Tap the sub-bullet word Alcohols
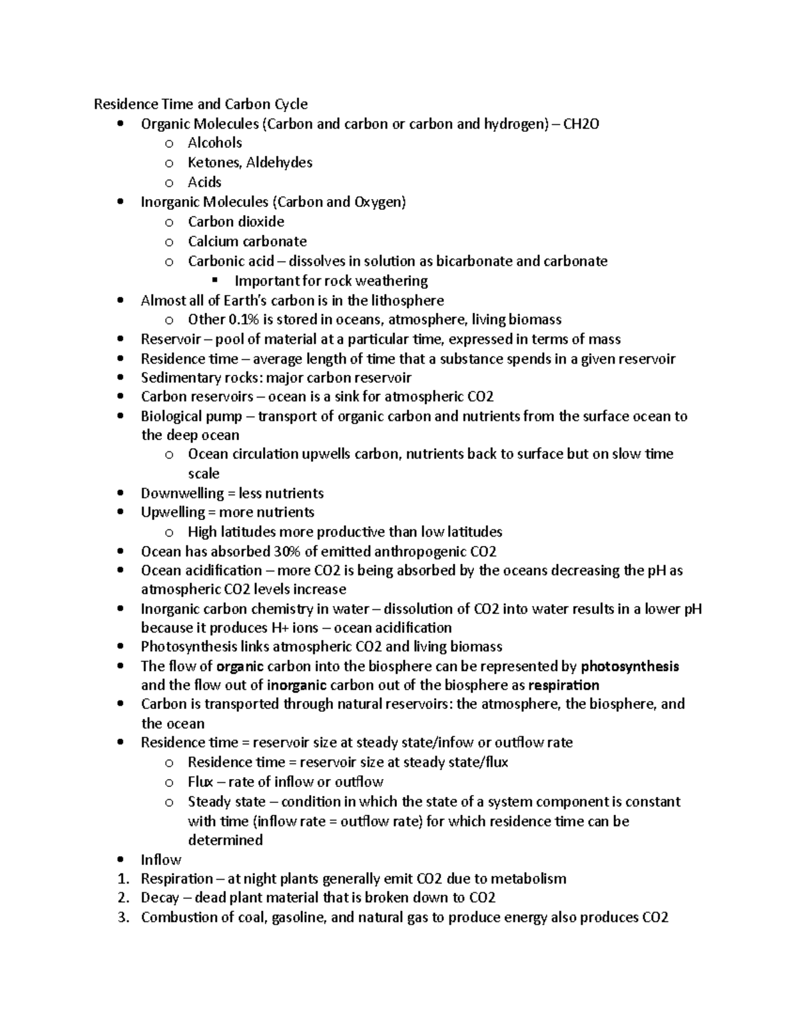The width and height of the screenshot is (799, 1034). [x=214, y=142]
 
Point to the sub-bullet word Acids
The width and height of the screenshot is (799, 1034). [x=204, y=182]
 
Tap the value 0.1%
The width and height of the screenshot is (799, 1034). [x=243, y=320]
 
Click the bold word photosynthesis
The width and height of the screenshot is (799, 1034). [x=630, y=666]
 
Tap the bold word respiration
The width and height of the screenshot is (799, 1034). [x=563, y=685]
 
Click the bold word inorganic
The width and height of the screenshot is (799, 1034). [x=296, y=685]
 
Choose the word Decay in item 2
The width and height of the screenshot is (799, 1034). [x=160, y=898]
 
